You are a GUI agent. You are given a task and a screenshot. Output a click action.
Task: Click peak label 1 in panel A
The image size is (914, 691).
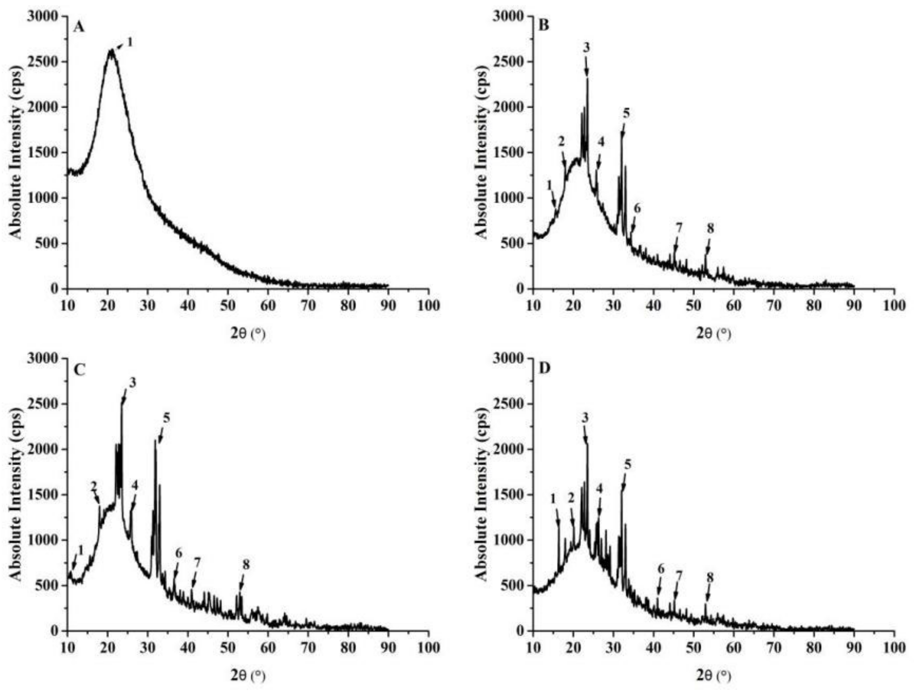tap(129, 42)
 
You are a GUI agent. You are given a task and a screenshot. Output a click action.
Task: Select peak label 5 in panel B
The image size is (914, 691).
tap(626, 113)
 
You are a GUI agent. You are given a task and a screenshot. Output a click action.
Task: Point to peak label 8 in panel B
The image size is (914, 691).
tap(710, 228)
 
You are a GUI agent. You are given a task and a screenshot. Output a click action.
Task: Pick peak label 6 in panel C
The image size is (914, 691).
tap(178, 553)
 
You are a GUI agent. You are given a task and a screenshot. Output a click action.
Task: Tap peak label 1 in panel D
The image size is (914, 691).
tap(553, 499)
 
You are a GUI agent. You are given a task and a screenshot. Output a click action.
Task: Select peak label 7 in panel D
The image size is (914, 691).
tap(679, 575)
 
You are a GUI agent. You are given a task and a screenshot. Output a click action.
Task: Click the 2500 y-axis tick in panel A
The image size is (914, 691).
tap(46, 62)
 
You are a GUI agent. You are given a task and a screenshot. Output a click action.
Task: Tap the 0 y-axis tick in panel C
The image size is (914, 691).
tap(58, 631)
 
